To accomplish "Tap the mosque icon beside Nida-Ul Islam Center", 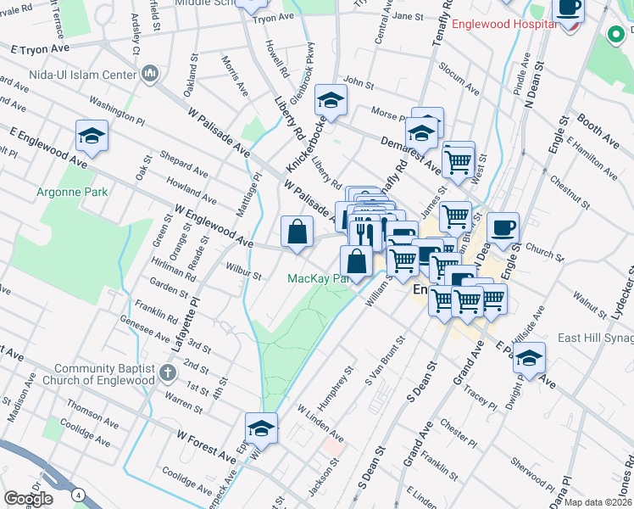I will click(x=151, y=75).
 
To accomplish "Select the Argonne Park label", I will click(x=72, y=192).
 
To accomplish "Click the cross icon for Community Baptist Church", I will click(x=169, y=372).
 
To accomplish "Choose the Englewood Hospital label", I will click(x=503, y=24).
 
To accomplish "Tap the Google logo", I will click(x=28, y=498).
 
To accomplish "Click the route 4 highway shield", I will click(x=78, y=495).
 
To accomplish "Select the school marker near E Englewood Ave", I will click(x=92, y=136).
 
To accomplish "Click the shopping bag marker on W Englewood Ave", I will click(x=297, y=231).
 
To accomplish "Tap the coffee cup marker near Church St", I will click(x=503, y=227).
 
